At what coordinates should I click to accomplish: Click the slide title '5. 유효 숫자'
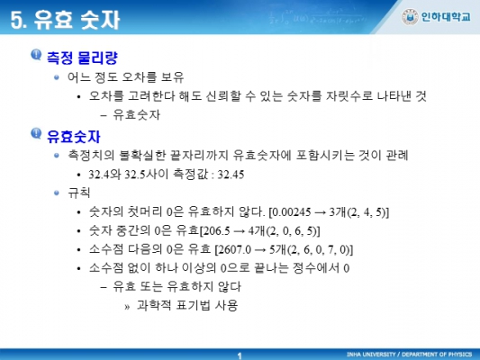[65, 20]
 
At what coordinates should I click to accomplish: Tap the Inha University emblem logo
[410, 17]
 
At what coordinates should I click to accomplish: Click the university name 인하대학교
[446, 17]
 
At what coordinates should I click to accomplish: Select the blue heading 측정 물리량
[82, 58]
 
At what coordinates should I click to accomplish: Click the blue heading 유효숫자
[74, 136]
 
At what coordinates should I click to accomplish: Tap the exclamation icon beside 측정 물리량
[36, 55]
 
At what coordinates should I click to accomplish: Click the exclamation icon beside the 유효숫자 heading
[36, 134]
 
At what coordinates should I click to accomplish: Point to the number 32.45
[231, 175]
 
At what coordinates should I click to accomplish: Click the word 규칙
[79, 193]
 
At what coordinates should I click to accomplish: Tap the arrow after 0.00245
[321, 212]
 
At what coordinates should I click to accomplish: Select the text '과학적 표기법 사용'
[187, 305]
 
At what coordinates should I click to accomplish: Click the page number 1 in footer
[240, 355]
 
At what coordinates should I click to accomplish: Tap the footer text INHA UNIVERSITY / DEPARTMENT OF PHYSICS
[409, 355]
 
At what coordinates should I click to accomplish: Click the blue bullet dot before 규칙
[57, 193]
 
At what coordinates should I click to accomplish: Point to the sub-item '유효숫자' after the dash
[137, 115]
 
